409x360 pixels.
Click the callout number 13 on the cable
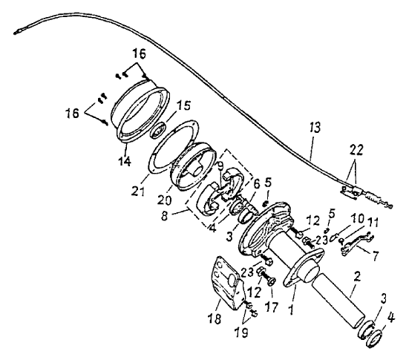(315, 128)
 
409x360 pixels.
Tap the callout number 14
(125, 161)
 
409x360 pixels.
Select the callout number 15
(183, 106)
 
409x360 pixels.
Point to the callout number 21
(137, 192)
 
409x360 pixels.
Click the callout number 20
(164, 200)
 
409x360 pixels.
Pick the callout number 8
(164, 216)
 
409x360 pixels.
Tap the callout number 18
(215, 318)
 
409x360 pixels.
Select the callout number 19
(241, 332)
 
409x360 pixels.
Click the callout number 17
(272, 307)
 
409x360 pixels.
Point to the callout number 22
(356, 151)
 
